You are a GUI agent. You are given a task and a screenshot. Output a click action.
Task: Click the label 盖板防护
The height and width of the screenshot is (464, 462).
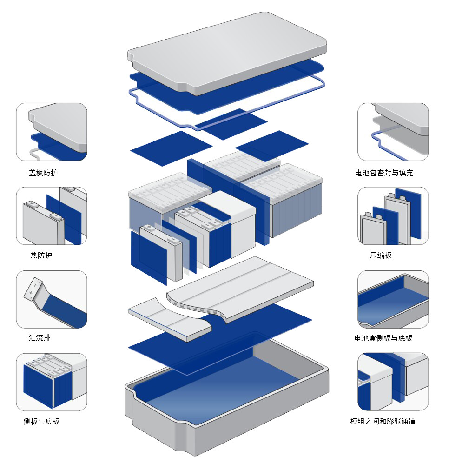[43, 173]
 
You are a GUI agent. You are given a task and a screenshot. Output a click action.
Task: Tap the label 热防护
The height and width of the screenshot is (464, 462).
[41, 256]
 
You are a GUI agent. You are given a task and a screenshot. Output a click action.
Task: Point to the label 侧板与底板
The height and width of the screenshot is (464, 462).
[41, 422]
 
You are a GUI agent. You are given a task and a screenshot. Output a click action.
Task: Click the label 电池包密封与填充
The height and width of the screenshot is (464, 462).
[384, 173]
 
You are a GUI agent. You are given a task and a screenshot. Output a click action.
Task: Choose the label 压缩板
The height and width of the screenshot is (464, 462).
[381, 256]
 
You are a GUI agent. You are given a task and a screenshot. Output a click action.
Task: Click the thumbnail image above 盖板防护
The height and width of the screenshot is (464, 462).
[52, 132]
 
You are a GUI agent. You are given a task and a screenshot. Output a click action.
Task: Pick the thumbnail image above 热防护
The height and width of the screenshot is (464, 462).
[52, 216]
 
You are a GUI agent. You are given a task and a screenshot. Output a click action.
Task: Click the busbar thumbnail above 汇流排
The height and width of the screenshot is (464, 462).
[52, 299]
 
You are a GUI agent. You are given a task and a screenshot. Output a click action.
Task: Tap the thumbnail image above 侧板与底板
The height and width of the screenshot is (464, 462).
[52, 382]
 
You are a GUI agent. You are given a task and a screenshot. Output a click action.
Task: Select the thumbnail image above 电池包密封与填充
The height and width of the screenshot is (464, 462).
[393, 132]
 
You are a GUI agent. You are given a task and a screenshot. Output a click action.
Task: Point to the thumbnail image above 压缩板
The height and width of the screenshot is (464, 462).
[393, 216]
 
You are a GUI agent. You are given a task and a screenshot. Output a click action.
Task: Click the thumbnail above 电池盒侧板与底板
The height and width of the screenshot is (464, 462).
[393, 299]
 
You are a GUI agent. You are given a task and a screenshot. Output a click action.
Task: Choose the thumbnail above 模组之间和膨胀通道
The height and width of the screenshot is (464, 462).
[393, 382]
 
